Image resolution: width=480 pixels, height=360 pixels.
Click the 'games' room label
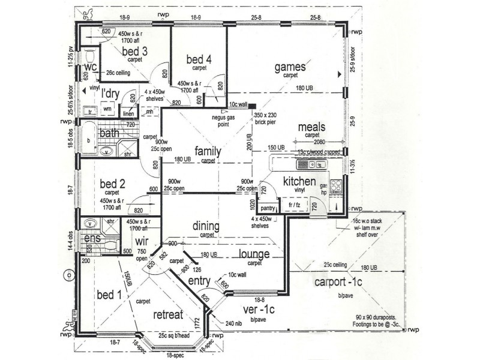point(290,67)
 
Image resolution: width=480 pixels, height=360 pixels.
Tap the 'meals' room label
point(311,127)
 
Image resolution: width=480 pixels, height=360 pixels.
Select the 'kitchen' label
point(299,181)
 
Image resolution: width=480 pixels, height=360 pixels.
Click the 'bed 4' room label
point(199,59)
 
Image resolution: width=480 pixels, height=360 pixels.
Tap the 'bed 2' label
point(112,184)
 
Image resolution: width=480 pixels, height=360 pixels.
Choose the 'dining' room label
point(206,226)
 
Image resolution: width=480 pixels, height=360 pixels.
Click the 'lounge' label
point(254,254)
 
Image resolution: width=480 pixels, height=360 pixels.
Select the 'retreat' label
point(167,315)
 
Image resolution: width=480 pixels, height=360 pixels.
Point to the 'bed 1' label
point(109,295)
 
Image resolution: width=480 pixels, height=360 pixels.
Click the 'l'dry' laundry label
point(111,93)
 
